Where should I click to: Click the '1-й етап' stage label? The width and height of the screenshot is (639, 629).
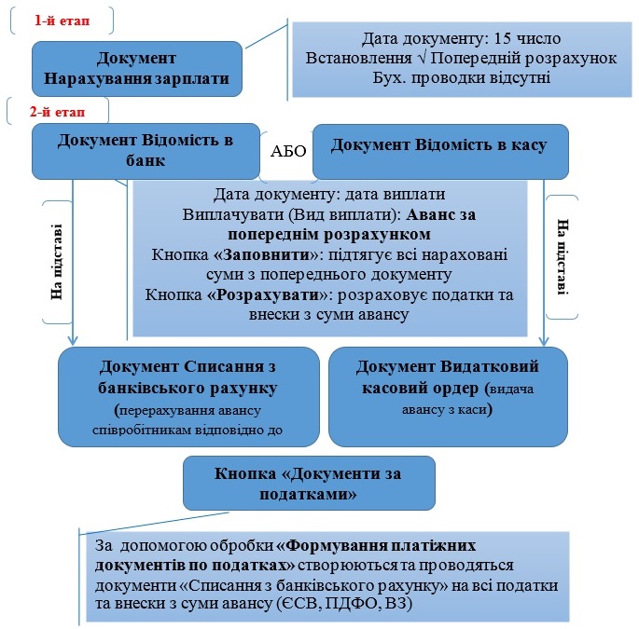(62, 19)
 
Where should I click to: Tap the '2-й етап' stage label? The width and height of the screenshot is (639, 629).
(57, 110)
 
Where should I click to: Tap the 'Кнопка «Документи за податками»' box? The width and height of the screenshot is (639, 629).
(308, 484)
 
